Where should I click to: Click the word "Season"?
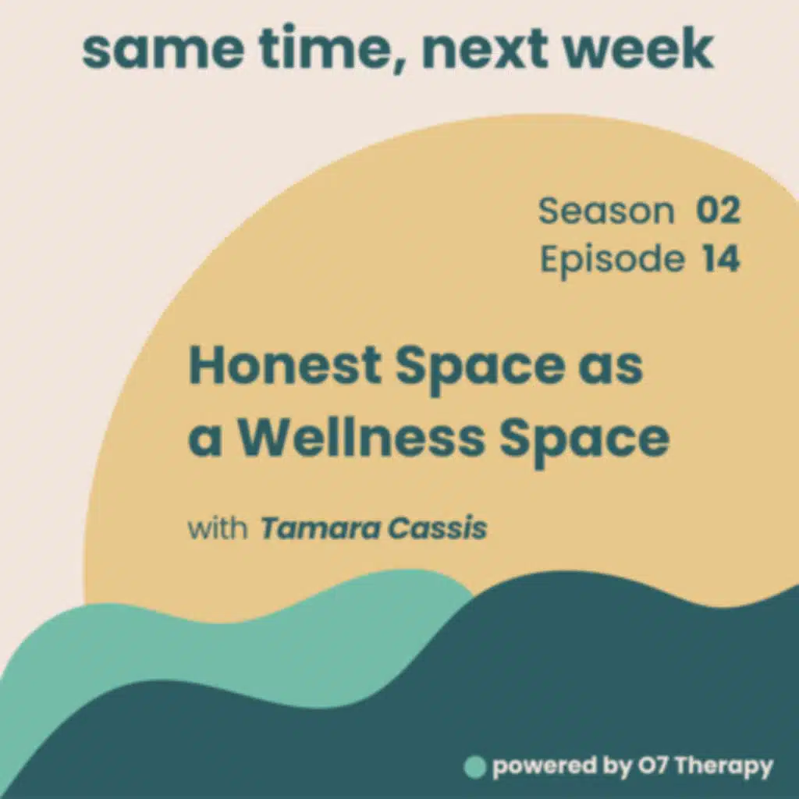click(x=605, y=211)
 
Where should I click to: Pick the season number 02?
click(x=718, y=211)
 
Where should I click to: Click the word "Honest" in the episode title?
click(x=285, y=368)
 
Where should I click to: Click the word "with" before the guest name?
click(x=218, y=528)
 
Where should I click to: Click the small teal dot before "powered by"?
click(x=474, y=767)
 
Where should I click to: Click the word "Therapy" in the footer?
click(x=723, y=768)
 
